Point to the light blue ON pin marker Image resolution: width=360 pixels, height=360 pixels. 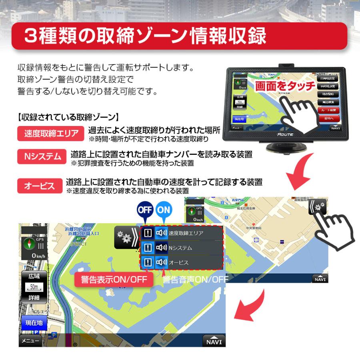(163, 211)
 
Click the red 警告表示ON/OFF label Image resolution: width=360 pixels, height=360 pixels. (114, 279)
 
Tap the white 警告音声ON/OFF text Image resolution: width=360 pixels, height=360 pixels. (195, 279)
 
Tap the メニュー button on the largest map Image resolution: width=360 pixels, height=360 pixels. (30, 341)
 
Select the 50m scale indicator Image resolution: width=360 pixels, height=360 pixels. (34, 287)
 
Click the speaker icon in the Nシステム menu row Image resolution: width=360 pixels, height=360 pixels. (161, 248)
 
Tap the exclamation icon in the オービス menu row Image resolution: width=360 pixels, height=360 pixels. (148, 262)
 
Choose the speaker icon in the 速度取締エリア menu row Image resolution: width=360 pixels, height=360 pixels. (161, 233)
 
